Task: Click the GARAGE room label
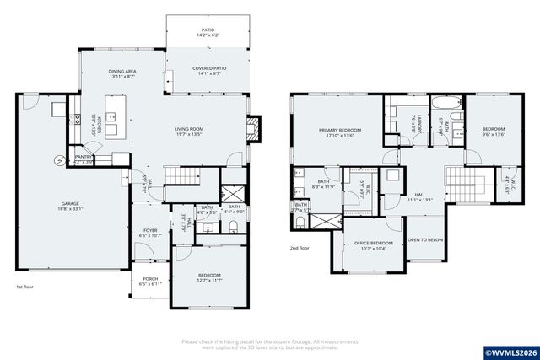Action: [x=70, y=204]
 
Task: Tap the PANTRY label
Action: [x=84, y=156]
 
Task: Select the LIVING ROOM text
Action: [x=192, y=129]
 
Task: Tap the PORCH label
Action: [x=149, y=279]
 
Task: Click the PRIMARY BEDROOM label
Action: [x=340, y=131]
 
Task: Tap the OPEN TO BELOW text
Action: [x=426, y=239]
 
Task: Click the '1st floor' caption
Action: [x=25, y=287]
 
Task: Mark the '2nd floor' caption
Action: [x=300, y=248]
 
